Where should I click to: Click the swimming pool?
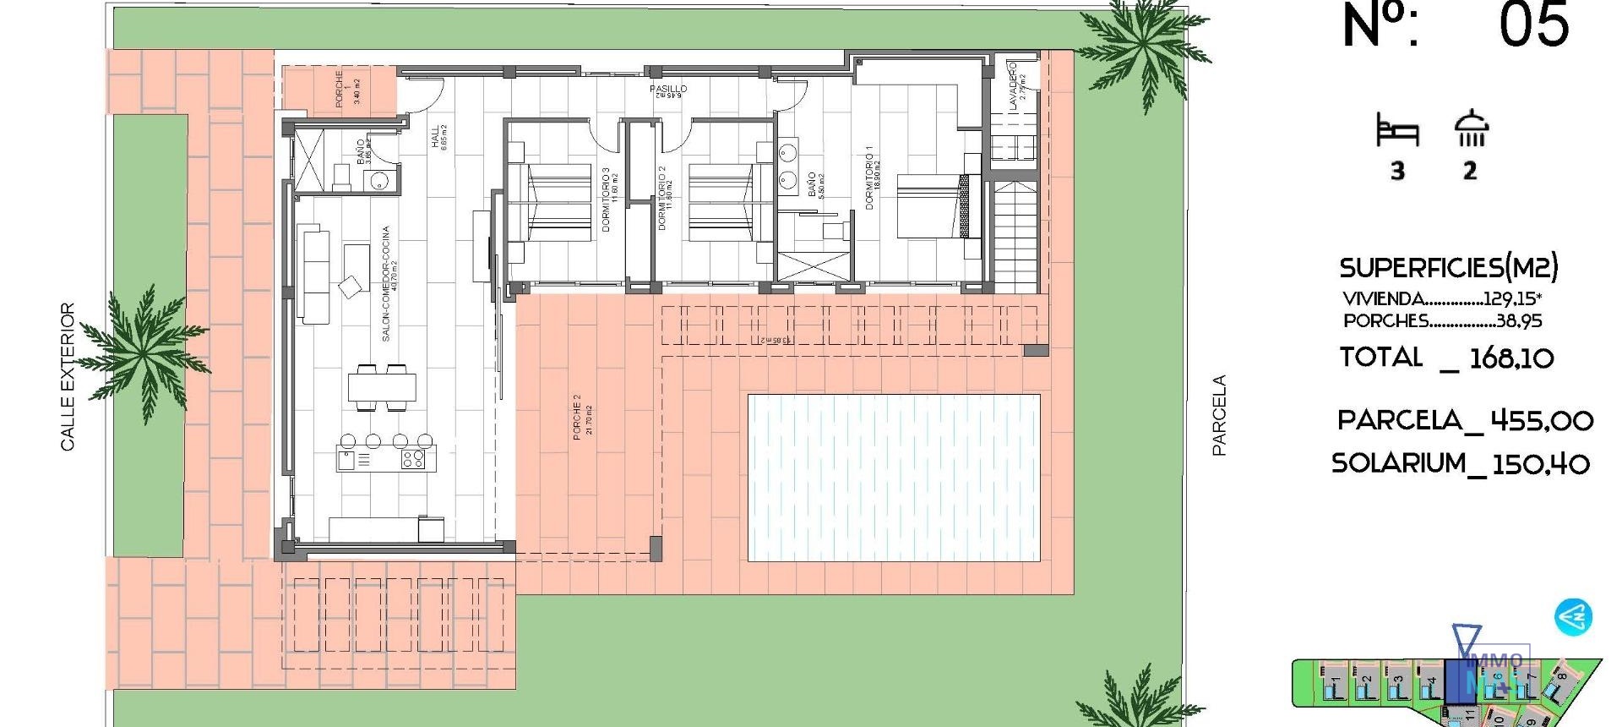pyautogui.click(x=894, y=478)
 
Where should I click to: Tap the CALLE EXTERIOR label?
pyautogui.click(x=68, y=377)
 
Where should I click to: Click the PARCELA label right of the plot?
pyautogui.click(x=1219, y=416)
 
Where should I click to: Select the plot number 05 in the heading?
pyautogui.click(x=1534, y=25)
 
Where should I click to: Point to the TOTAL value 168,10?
pyautogui.click(x=1511, y=358)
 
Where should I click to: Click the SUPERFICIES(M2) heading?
pyautogui.click(x=1448, y=268)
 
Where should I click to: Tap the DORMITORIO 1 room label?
pyautogui.click(x=870, y=178)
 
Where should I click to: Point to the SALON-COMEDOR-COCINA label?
pyautogui.click(x=387, y=283)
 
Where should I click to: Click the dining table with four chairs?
pyautogui.click(x=383, y=387)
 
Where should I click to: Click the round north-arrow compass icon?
pyautogui.click(x=1573, y=617)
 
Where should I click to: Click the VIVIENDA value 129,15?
pyautogui.click(x=1510, y=298)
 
